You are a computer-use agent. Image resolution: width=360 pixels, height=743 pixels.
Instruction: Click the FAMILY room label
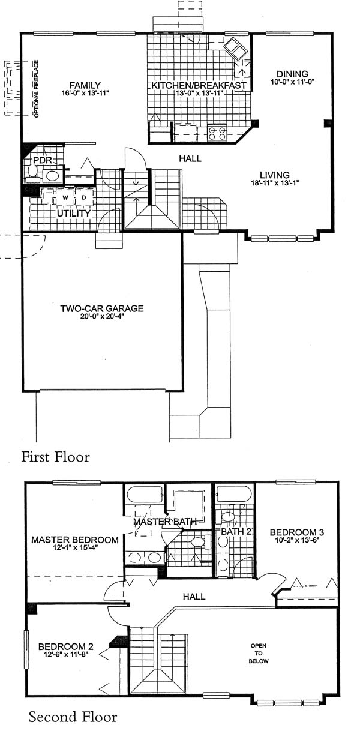(85, 85)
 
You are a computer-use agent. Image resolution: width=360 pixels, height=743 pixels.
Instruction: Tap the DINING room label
(292, 74)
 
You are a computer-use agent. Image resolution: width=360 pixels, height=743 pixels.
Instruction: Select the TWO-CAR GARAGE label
(102, 308)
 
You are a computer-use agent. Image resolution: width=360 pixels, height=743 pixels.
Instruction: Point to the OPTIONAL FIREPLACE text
(36, 89)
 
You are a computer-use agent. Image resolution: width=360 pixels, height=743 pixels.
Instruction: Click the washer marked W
(65, 197)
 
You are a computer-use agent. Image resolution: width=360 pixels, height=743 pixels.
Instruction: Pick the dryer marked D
(84, 197)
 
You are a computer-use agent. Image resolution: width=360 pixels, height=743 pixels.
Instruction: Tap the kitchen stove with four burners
(217, 133)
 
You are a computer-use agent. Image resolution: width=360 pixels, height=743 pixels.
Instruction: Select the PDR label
(43, 160)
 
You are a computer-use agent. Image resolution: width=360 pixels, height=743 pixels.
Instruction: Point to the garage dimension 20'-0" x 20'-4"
(104, 316)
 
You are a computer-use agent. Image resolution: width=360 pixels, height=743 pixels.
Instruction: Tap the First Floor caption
(56, 457)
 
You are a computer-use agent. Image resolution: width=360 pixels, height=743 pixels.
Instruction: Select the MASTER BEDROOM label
(75, 540)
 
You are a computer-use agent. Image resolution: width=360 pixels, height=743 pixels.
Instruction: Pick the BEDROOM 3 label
(297, 532)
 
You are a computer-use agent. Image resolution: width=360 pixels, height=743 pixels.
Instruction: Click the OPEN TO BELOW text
(259, 653)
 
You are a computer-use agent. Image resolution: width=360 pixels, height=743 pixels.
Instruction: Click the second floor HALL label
(194, 597)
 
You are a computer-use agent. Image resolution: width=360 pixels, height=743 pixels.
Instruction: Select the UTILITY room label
(74, 213)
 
